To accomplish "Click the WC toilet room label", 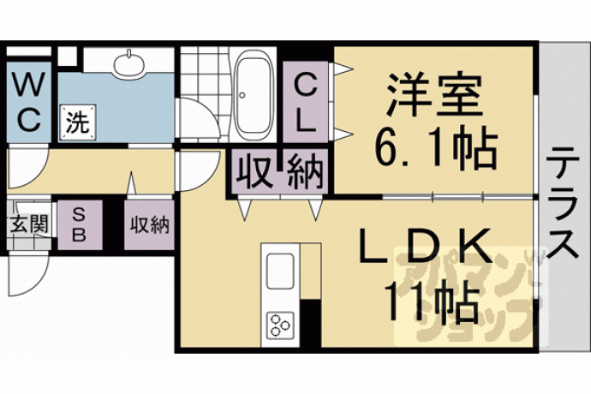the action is click(x=28, y=103).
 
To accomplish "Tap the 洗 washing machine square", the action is click(x=79, y=122).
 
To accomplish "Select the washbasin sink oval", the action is click(x=129, y=63).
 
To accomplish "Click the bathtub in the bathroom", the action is click(x=254, y=94).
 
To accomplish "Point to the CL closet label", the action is click(x=305, y=103).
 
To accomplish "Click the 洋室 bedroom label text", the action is click(x=434, y=95).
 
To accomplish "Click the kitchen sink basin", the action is click(x=280, y=271).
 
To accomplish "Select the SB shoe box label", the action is click(x=79, y=225).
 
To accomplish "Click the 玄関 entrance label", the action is click(x=29, y=224).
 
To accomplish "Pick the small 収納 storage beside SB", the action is click(x=150, y=225).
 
